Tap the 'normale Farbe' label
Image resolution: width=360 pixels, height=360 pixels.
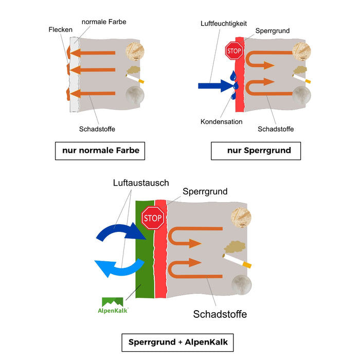(103, 22)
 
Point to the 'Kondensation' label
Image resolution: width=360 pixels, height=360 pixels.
(221, 121)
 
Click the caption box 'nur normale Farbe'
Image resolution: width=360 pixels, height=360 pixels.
(100, 151)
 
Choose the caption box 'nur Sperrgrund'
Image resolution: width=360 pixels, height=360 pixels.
(256, 151)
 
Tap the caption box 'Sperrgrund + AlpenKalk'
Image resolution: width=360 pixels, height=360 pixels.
(178, 342)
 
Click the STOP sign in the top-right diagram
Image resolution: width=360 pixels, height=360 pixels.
(233, 50)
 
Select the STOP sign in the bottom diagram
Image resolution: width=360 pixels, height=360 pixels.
(152, 218)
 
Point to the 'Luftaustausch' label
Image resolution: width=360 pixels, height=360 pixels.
(141, 183)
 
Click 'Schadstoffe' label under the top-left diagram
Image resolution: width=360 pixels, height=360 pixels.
(97, 129)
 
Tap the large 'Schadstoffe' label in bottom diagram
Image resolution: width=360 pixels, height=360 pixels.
(220, 314)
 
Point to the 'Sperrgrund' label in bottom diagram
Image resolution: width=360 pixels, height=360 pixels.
(205, 191)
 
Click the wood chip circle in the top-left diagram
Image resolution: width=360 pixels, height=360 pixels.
(136, 51)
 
